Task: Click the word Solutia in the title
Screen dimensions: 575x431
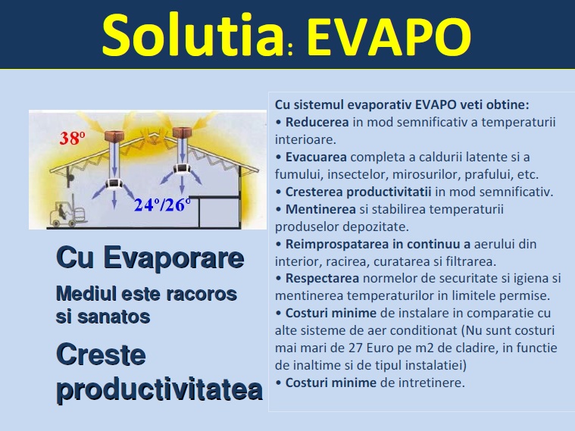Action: [x=192, y=36]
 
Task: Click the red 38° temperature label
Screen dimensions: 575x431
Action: [x=72, y=139]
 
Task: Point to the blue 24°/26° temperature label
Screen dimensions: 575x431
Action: [x=162, y=205]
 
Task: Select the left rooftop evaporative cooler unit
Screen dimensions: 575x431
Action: [x=114, y=136]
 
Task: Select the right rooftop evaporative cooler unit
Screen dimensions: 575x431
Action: [x=182, y=133]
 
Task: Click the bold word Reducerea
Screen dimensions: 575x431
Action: [x=317, y=122]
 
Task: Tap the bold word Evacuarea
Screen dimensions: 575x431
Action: [x=316, y=157]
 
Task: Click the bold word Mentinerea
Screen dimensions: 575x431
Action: [x=320, y=209]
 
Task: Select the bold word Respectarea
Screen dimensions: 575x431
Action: [x=322, y=278]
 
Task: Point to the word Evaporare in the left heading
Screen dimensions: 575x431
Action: [x=173, y=258]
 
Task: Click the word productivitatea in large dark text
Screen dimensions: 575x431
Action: [x=160, y=389]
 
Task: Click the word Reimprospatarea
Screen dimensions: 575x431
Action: [x=337, y=244]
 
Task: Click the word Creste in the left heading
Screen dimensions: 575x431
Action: [x=102, y=354]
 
